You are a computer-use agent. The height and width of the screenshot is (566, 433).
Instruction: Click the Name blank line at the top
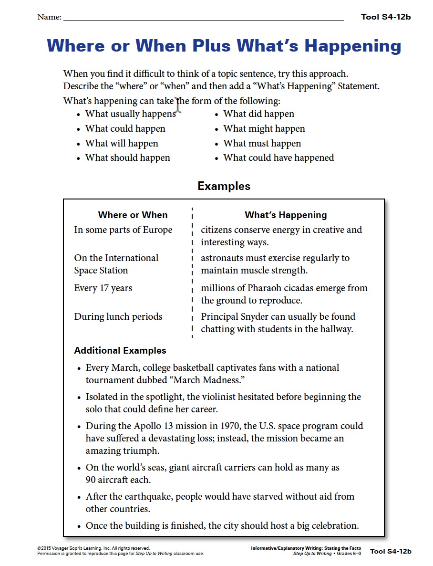pos(203,19)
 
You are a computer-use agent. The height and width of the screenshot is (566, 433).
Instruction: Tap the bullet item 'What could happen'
pos(125,129)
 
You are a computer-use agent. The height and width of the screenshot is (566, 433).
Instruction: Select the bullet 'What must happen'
pos(262,144)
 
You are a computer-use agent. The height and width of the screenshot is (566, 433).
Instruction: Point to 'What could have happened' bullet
pos(278,158)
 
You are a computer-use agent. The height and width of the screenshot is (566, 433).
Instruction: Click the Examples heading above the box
pos(224,186)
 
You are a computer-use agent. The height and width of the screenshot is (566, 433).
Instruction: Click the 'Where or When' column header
pos(133,215)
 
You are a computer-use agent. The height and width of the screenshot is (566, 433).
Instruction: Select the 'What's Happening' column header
pos(286,215)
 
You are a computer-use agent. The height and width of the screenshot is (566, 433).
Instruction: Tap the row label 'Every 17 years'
pos(103,288)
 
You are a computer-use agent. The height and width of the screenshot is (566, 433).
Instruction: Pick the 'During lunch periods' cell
pos(118,317)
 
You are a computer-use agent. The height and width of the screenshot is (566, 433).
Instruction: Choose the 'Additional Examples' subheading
pos(120,351)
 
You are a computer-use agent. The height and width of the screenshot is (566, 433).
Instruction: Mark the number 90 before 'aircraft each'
pos(91,480)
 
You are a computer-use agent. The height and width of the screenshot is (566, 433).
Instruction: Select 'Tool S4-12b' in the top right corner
pos(386,17)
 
